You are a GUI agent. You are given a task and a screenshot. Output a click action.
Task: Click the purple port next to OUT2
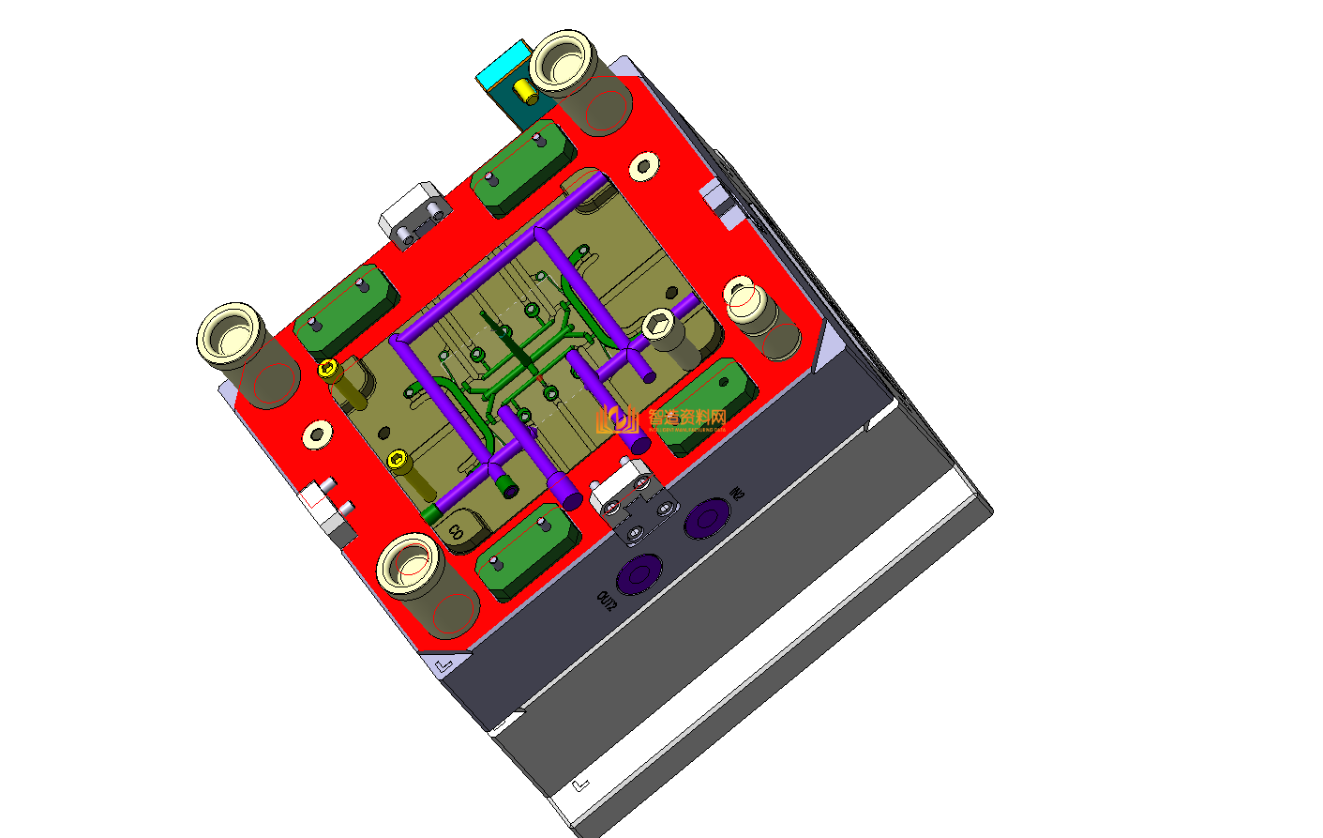641,573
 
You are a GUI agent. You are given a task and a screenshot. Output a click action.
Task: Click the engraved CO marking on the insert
456,531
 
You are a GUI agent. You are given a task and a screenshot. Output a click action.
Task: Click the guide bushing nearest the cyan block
563,62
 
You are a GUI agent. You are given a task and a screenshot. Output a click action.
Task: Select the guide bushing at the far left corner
230,333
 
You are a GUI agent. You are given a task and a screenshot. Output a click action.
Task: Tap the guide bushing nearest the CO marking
409,565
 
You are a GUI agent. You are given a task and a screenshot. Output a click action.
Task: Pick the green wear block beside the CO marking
525,551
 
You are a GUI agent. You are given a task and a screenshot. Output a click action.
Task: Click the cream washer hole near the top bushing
643,167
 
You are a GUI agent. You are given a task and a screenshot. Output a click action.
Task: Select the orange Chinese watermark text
686,418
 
